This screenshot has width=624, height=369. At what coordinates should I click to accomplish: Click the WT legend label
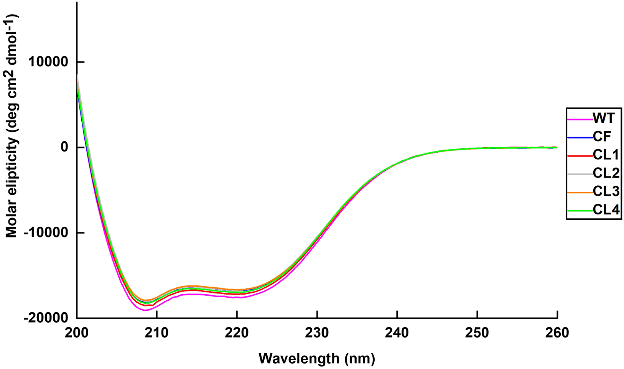pos(603,118)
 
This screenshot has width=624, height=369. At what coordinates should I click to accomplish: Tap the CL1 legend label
pos(606,155)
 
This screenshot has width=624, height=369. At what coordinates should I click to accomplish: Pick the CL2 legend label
pos(606,173)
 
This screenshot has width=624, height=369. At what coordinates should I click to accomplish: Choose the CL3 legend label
pos(606,192)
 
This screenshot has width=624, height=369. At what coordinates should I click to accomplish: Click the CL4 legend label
pos(606,210)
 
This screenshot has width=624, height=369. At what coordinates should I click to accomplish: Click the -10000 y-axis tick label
pos(49,233)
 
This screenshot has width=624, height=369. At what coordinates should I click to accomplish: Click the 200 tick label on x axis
pos(77,333)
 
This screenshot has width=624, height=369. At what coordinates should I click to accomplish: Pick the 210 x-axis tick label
pos(157,333)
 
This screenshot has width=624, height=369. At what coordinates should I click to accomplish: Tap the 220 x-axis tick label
pos(237,333)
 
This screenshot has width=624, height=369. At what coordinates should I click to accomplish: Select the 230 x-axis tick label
pos(317,333)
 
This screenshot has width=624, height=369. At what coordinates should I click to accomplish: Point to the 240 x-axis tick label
pos(397,333)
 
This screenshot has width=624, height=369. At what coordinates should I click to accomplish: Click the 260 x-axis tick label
pos(557,333)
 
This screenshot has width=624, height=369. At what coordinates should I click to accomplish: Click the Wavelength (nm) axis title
pos(317,359)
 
